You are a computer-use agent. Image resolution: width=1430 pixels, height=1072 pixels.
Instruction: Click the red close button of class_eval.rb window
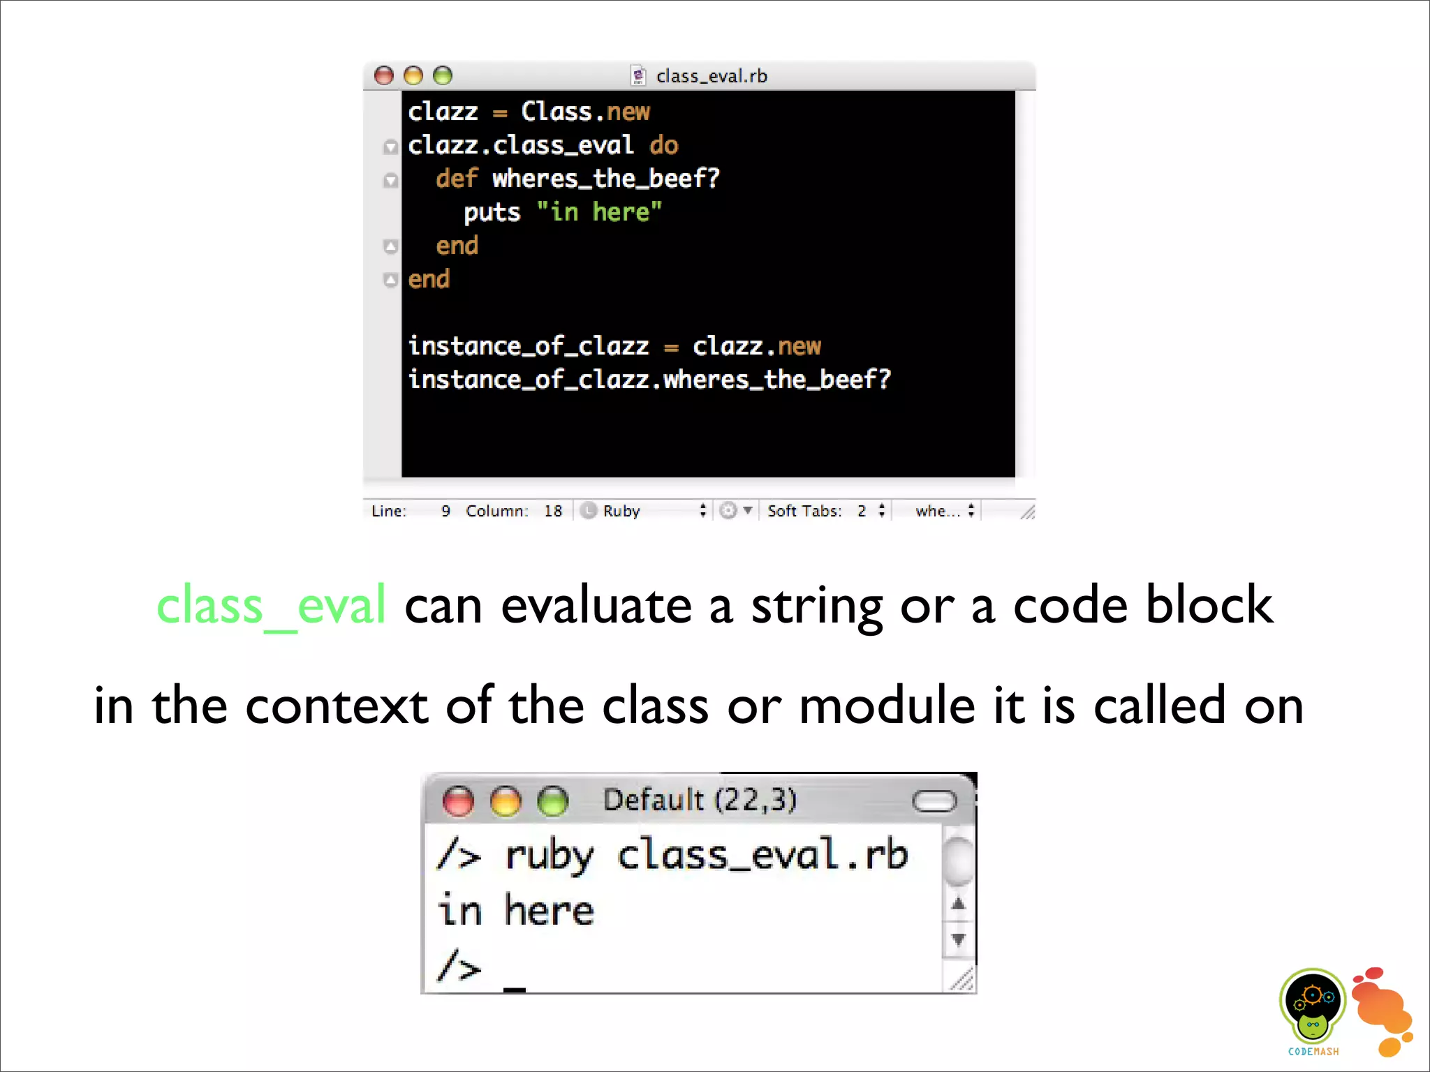click(x=384, y=75)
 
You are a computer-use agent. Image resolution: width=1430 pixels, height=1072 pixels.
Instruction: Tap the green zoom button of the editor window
click(x=443, y=75)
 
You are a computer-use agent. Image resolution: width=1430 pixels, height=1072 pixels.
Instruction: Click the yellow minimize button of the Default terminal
click(x=506, y=801)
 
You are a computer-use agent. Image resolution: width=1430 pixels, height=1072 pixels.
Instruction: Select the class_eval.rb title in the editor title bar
click(x=711, y=76)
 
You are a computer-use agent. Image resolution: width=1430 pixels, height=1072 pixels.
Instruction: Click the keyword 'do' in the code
click(x=663, y=145)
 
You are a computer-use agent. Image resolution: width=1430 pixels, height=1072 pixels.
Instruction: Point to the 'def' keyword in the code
click(x=457, y=179)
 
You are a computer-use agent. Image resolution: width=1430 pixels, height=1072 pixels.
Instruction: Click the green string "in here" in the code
click(x=599, y=211)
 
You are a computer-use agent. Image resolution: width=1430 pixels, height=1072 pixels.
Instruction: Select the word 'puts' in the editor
click(x=492, y=212)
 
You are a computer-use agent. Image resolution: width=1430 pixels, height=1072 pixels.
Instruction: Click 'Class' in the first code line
click(x=556, y=112)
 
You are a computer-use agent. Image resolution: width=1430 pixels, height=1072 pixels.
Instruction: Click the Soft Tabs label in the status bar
click(x=804, y=511)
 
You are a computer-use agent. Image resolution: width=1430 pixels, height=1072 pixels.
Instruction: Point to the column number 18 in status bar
click(x=553, y=511)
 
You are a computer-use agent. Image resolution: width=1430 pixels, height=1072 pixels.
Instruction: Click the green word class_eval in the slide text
click(x=271, y=604)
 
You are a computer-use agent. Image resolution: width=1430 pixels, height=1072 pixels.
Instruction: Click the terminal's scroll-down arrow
click(x=959, y=939)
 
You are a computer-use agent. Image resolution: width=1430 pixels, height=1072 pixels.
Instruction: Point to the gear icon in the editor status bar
click(x=728, y=511)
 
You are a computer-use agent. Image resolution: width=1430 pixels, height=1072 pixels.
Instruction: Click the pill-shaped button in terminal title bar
click(x=934, y=801)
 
